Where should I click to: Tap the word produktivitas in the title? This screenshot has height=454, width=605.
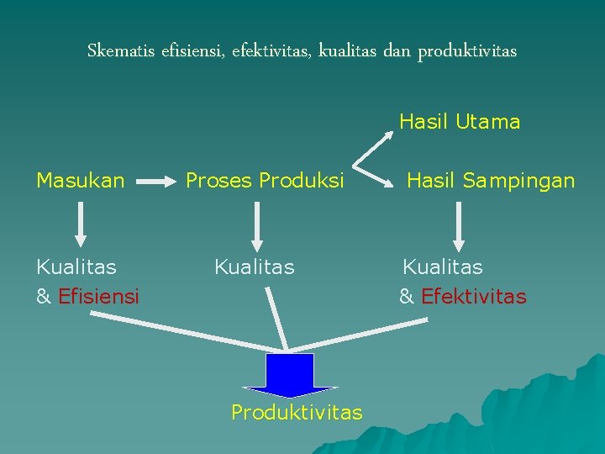click(x=466, y=52)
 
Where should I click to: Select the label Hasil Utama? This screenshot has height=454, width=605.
click(x=460, y=122)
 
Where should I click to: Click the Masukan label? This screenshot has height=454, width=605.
click(x=81, y=180)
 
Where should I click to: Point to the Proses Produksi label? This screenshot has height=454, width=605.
click(x=265, y=180)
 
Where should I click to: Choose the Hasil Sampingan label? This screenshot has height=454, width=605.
click(x=491, y=180)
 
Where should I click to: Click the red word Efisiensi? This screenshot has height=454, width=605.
click(x=99, y=297)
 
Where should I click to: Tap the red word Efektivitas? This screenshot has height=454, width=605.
click(x=474, y=297)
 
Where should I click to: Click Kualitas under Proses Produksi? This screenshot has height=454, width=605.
click(x=255, y=267)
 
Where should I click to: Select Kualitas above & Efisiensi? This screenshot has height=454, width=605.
click(x=76, y=267)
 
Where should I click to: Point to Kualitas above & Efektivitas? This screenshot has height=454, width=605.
click(x=443, y=267)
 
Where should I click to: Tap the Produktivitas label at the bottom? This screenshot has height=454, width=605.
click(x=297, y=412)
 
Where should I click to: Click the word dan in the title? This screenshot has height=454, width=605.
click(x=396, y=51)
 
